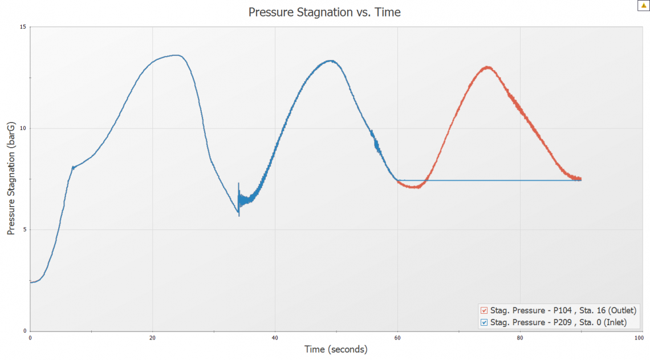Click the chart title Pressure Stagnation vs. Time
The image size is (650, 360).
tap(324, 12)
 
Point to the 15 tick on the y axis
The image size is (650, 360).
tap(23, 27)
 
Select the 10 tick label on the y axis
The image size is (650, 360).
tap(23, 128)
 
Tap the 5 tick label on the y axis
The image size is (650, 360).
tap(25, 230)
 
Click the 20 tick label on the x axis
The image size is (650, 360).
tap(152, 337)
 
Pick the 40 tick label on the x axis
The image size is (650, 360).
tap(275, 337)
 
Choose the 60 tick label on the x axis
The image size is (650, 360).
tap(397, 337)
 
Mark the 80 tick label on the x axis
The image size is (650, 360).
tap(520, 337)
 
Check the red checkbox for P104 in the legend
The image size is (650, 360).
tap(484, 311)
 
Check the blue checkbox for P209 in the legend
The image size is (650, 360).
tap(484, 322)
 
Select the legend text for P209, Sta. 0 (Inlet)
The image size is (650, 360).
tap(558, 322)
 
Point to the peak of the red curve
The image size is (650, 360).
tap(487, 67)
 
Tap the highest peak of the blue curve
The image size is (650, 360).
tap(177, 55)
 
